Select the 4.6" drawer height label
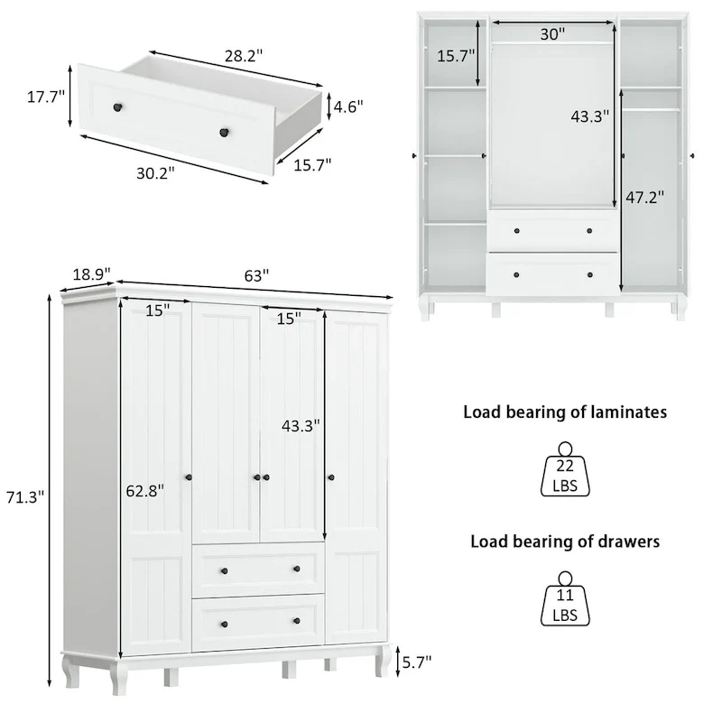[347, 106]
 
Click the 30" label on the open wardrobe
[553, 33]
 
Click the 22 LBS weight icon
[566, 470]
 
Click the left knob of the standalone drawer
[116, 108]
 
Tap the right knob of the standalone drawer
[220, 133]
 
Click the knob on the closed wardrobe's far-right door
[331, 476]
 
